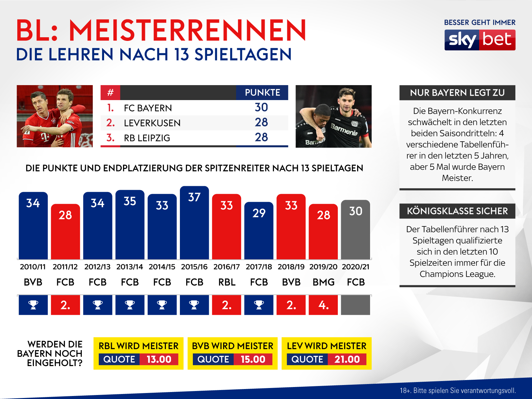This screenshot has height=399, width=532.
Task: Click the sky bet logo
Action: [480, 40]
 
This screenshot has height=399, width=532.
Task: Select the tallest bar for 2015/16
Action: [194, 226]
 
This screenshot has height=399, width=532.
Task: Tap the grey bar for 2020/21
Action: [355, 233]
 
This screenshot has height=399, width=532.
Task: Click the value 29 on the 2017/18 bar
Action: [259, 213]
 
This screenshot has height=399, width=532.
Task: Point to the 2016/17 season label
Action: [226, 267]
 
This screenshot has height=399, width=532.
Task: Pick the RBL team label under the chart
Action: [227, 282]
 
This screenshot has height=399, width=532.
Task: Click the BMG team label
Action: [323, 282]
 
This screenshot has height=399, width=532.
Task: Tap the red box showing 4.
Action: [323, 305]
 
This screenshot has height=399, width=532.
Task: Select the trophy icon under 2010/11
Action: [33, 305]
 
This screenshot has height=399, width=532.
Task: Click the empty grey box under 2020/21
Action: [355, 305]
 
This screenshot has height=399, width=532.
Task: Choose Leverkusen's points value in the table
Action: [261, 122]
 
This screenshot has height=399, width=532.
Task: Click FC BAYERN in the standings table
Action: [148, 108]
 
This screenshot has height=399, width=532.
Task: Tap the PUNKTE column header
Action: [262, 92]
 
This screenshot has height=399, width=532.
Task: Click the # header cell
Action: [110, 92]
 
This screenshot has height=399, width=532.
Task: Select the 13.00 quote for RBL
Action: [159, 359]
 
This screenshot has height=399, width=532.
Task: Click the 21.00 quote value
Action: [347, 359]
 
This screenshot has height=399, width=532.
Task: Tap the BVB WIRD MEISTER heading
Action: [232, 346]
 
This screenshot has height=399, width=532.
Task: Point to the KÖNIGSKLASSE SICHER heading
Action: [457, 211]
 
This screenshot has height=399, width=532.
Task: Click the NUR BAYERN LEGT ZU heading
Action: [457, 93]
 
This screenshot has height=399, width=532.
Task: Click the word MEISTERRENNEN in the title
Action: [187, 31]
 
